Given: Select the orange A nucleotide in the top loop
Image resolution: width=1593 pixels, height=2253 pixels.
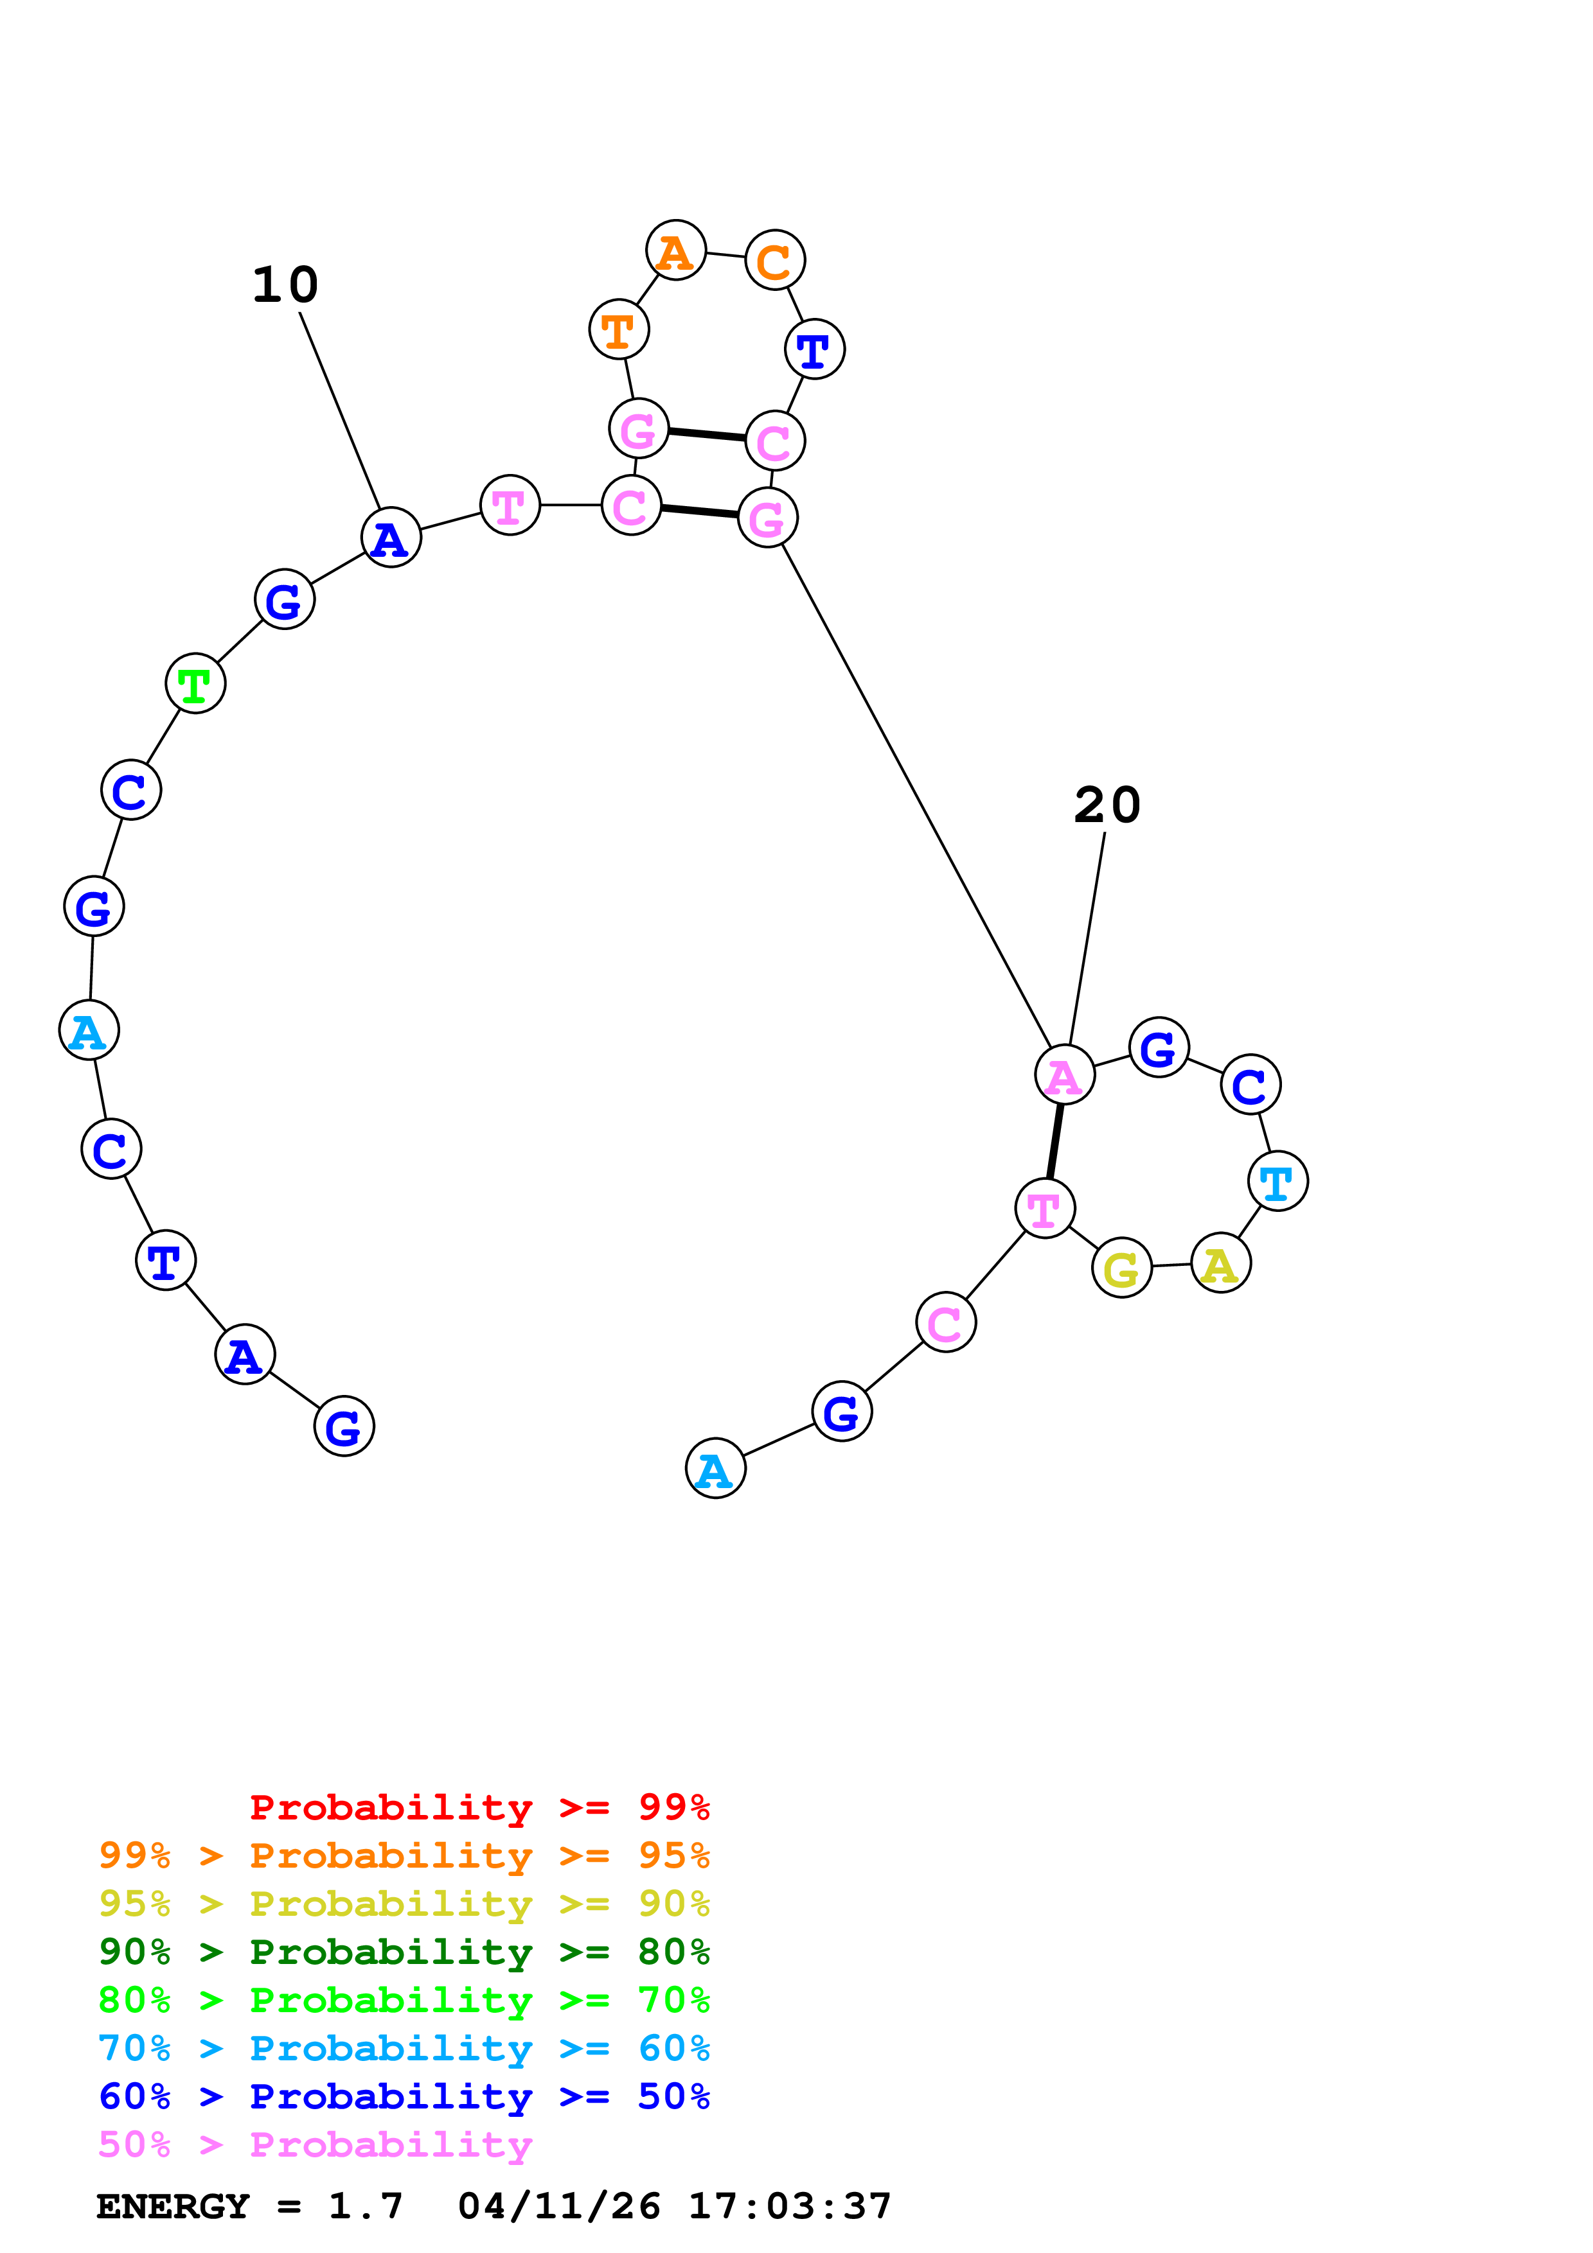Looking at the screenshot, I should click(675, 250).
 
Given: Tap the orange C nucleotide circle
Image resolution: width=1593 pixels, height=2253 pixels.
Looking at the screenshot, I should click(774, 260).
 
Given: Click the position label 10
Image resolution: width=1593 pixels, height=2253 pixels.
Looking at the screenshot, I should click(285, 286).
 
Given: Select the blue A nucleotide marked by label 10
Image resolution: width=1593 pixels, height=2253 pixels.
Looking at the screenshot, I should click(391, 538).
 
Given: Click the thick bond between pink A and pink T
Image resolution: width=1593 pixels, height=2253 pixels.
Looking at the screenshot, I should click(1055, 1141).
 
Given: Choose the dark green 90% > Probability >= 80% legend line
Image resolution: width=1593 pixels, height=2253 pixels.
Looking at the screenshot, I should click(404, 1952).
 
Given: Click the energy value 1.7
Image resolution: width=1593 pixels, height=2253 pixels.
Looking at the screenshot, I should click(365, 2207).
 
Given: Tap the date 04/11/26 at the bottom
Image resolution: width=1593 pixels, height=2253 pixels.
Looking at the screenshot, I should click(558, 2207).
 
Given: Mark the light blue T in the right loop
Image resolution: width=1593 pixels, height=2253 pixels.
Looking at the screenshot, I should click(1277, 1182).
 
